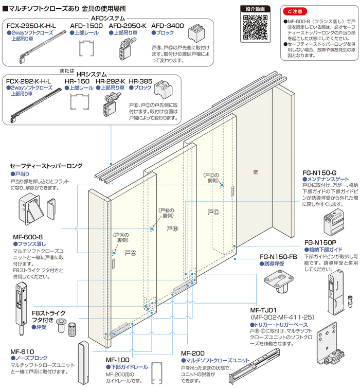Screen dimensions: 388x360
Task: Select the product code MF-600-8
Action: click(x=27, y=237)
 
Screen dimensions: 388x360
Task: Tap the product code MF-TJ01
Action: click(x=264, y=311)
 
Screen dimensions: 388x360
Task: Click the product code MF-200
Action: click(x=193, y=353)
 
